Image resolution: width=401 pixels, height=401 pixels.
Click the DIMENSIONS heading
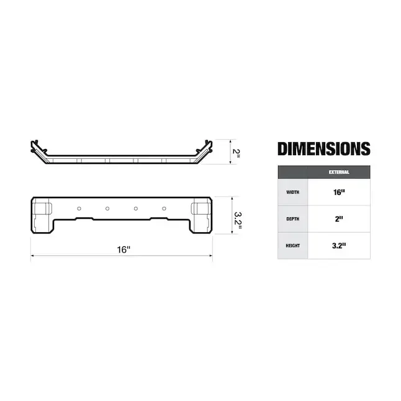(x=323, y=149)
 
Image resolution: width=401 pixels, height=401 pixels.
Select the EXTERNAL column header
(x=339, y=172)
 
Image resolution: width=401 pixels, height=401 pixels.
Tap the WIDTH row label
(x=292, y=192)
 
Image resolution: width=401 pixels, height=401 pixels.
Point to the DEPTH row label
(x=292, y=219)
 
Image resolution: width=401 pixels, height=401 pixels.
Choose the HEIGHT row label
(x=292, y=246)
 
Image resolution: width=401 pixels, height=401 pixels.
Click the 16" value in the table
(x=339, y=192)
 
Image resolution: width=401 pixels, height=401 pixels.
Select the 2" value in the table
(x=339, y=219)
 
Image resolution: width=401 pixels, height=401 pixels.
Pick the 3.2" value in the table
(x=339, y=246)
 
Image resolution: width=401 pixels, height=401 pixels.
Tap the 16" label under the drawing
(x=124, y=250)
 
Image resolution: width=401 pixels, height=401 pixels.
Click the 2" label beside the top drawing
(x=235, y=152)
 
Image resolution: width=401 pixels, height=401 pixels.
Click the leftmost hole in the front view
(x=79, y=208)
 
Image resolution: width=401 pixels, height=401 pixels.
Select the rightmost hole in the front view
(x=164, y=208)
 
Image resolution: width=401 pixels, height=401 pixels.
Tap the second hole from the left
(x=107, y=208)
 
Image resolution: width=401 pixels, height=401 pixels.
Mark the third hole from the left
(x=136, y=208)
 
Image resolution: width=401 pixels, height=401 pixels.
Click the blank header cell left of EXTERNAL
(x=292, y=172)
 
